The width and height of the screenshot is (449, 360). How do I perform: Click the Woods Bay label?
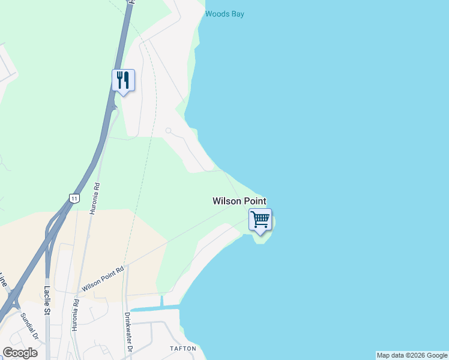tap(224, 14)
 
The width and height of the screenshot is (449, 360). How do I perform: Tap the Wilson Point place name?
tap(239, 202)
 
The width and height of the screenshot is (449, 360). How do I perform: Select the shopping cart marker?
tap(260, 219)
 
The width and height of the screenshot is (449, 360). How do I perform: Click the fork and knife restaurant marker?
tap(123, 80)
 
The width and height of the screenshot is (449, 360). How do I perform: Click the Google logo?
tap(20, 353)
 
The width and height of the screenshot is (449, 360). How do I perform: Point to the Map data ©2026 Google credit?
tap(412, 355)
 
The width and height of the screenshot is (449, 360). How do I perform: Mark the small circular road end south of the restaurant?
tap(169, 131)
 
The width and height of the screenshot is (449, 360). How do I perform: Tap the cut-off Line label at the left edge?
tap(3, 280)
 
